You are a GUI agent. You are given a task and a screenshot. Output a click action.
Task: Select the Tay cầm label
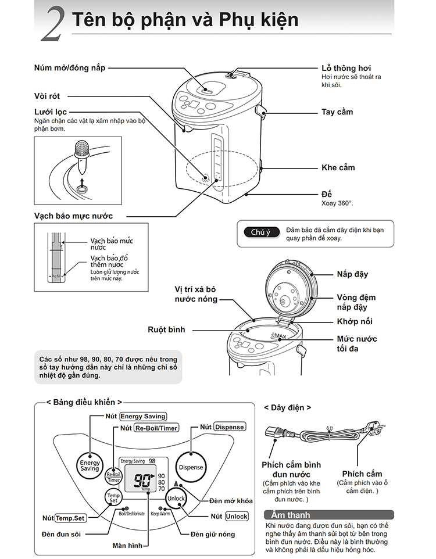(x=337, y=112)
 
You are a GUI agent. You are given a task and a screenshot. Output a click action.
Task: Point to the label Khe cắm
(x=338, y=167)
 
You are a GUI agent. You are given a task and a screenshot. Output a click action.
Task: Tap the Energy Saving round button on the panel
(x=90, y=464)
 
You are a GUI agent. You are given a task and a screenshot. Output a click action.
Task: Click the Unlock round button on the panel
(x=176, y=499)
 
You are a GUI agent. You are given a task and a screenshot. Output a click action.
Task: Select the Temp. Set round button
(x=113, y=497)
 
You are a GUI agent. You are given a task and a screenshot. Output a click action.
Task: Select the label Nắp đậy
(x=352, y=274)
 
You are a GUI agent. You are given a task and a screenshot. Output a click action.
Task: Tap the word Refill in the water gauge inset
(x=57, y=276)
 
